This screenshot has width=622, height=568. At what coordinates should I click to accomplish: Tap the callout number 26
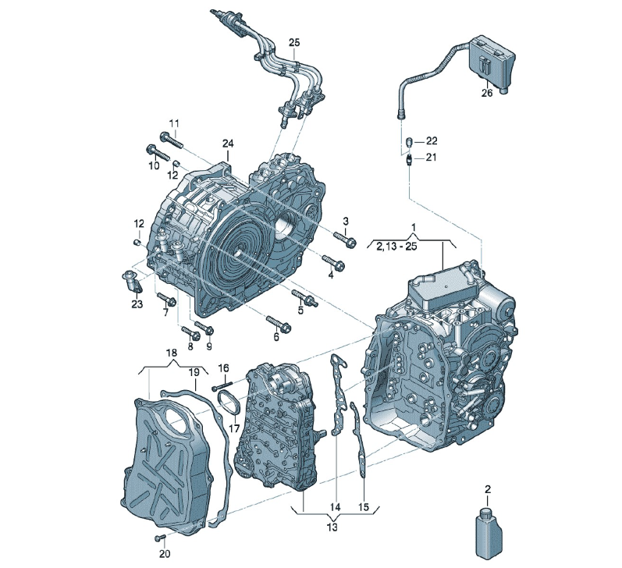487,93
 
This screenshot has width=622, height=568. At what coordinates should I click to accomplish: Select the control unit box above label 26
491,62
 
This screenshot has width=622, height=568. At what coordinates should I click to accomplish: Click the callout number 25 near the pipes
294,42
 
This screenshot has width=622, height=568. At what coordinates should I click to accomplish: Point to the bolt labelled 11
171,140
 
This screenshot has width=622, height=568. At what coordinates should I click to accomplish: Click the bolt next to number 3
345,240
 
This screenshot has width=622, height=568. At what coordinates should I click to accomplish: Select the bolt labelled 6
279,323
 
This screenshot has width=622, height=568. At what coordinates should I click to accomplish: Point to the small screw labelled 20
159,538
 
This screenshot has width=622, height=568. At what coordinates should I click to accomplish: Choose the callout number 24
228,144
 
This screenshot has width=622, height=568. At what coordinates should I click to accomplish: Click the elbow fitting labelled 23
132,282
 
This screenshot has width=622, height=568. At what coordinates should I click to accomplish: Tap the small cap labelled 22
411,140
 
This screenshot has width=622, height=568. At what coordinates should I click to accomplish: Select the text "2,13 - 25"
396,246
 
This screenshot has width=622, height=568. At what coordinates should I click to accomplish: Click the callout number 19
194,372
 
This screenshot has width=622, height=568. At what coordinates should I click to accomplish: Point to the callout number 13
332,527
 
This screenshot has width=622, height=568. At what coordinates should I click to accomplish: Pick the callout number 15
364,506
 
